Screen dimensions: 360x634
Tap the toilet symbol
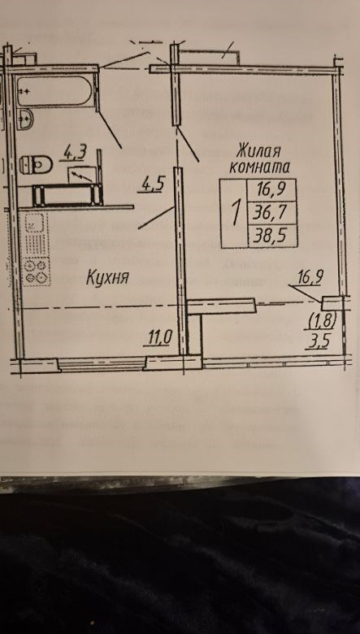(37, 164)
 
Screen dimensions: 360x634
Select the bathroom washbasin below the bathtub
(24, 119)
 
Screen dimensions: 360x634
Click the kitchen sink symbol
(37, 224)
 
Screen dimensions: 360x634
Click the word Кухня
(107, 278)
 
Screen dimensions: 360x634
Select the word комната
(259, 167)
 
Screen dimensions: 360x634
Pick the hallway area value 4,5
(151, 185)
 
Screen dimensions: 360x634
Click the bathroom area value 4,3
(75, 153)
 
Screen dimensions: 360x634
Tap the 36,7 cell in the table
(271, 213)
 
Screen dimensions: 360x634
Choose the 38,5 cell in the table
(272, 237)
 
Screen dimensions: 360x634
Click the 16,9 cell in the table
(271, 190)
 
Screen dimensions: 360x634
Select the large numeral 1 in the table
(234, 214)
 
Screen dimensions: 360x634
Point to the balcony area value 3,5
(316, 341)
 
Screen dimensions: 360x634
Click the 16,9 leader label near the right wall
(309, 278)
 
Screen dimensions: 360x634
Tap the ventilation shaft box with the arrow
(82, 174)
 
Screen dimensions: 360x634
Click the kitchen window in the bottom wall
(102, 364)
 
